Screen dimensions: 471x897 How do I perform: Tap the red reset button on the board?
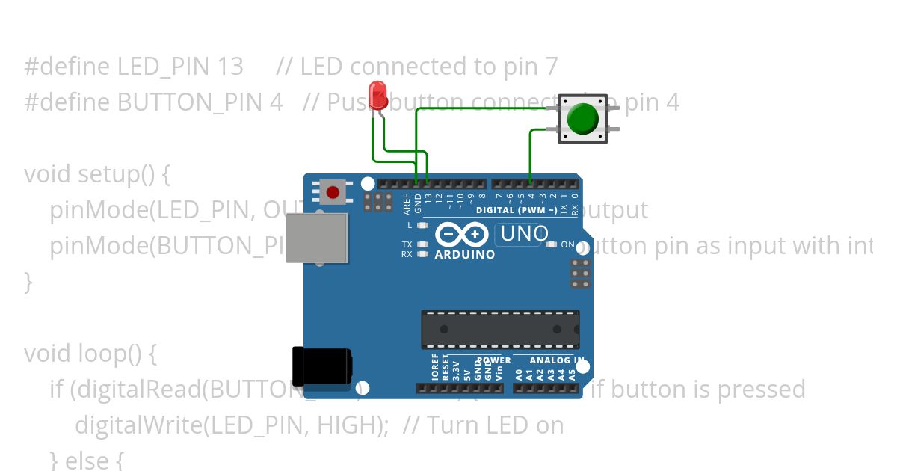333,193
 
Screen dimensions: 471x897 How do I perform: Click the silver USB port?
317,238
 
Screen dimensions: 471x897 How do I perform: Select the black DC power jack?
321,366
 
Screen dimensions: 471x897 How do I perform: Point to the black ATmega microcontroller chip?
499,330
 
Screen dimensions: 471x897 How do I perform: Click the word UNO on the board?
525,234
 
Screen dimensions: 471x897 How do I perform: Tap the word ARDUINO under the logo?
465,255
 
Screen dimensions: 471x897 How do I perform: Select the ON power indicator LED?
552,244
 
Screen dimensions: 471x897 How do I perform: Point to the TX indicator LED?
423,244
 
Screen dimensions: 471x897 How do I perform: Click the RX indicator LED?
423,254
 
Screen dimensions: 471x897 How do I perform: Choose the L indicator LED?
423,225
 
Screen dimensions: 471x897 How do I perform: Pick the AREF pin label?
407,203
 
